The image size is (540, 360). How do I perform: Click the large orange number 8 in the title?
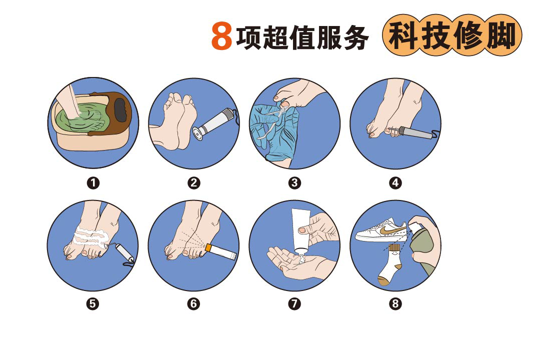tap(221, 36)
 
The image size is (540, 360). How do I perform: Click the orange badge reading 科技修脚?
tap(451, 36)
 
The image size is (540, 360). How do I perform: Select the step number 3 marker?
tap(294, 183)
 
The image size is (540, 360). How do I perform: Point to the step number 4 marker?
tap(395, 183)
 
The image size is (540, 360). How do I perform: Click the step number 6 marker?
tap(193, 303)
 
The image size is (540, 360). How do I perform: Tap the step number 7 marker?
tap(294, 303)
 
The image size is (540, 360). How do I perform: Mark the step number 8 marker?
tap(395, 303)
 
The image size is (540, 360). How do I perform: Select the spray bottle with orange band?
tap(223, 250)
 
